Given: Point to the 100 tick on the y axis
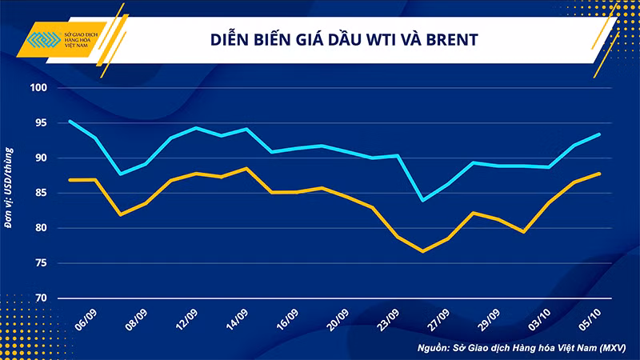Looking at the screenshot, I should coord(38,88).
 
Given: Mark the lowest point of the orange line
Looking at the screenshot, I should coord(422,251).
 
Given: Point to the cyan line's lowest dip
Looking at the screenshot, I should coord(422,200).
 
